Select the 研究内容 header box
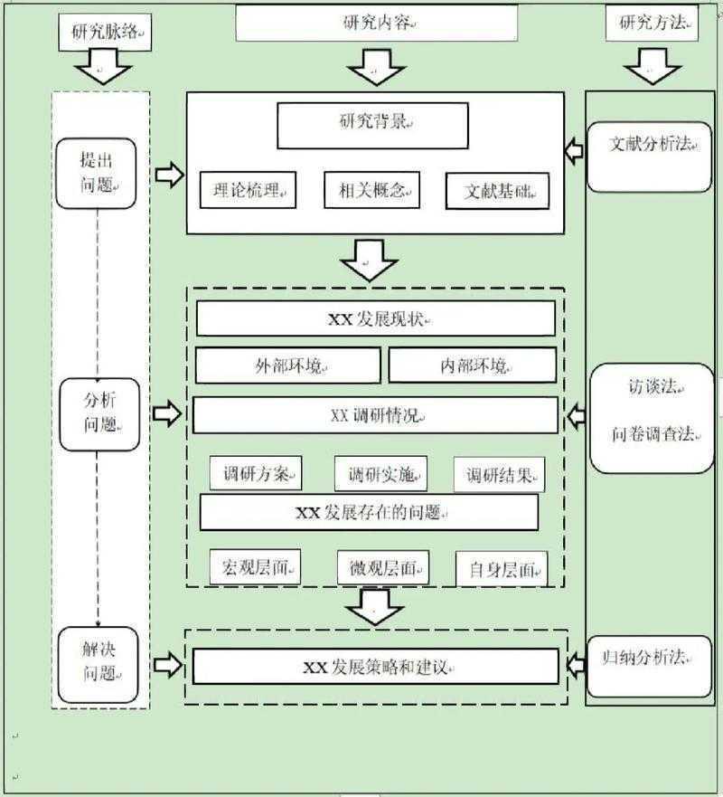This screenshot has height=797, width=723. tap(377, 24)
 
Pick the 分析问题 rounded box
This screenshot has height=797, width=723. tap(99, 414)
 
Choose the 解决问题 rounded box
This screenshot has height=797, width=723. tap(99, 661)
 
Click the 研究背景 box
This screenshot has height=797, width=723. tap(372, 126)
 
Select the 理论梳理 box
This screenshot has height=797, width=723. tap(248, 191)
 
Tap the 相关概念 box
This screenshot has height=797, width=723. tap(372, 189)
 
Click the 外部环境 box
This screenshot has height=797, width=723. tap(287, 365)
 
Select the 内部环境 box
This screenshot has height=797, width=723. tap(473, 365)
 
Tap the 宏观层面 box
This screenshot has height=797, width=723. tap(255, 567)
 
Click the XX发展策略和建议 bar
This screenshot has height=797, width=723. tap(376, 668)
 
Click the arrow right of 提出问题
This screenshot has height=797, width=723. tap(169, 175)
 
